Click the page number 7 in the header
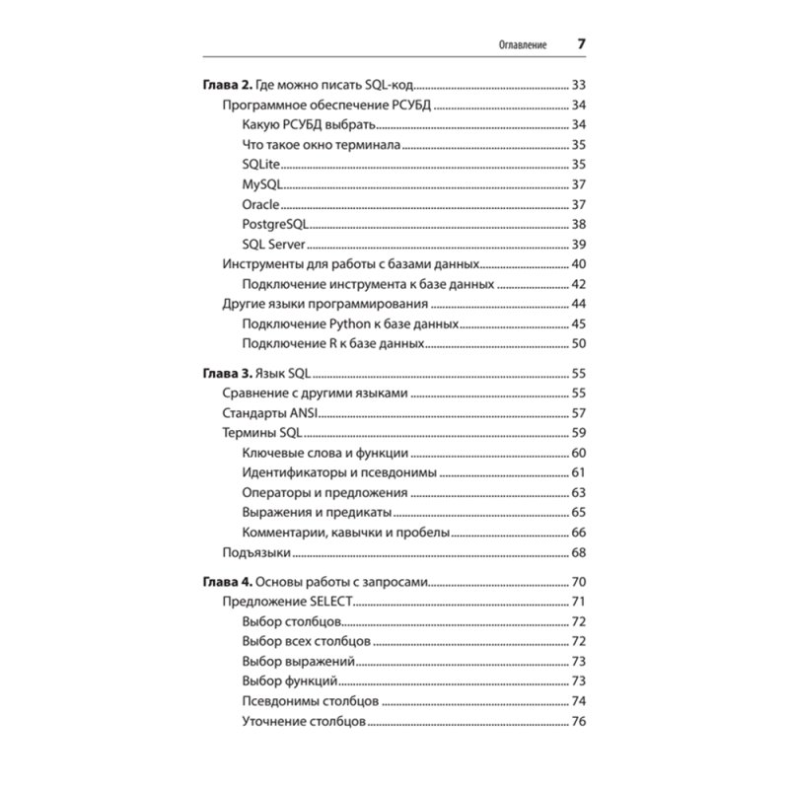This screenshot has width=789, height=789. tap(581, 45)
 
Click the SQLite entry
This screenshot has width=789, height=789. tap(261, 163)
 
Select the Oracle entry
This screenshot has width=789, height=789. tap(261, 204)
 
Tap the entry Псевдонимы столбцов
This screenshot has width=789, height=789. tap(310, 702)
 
